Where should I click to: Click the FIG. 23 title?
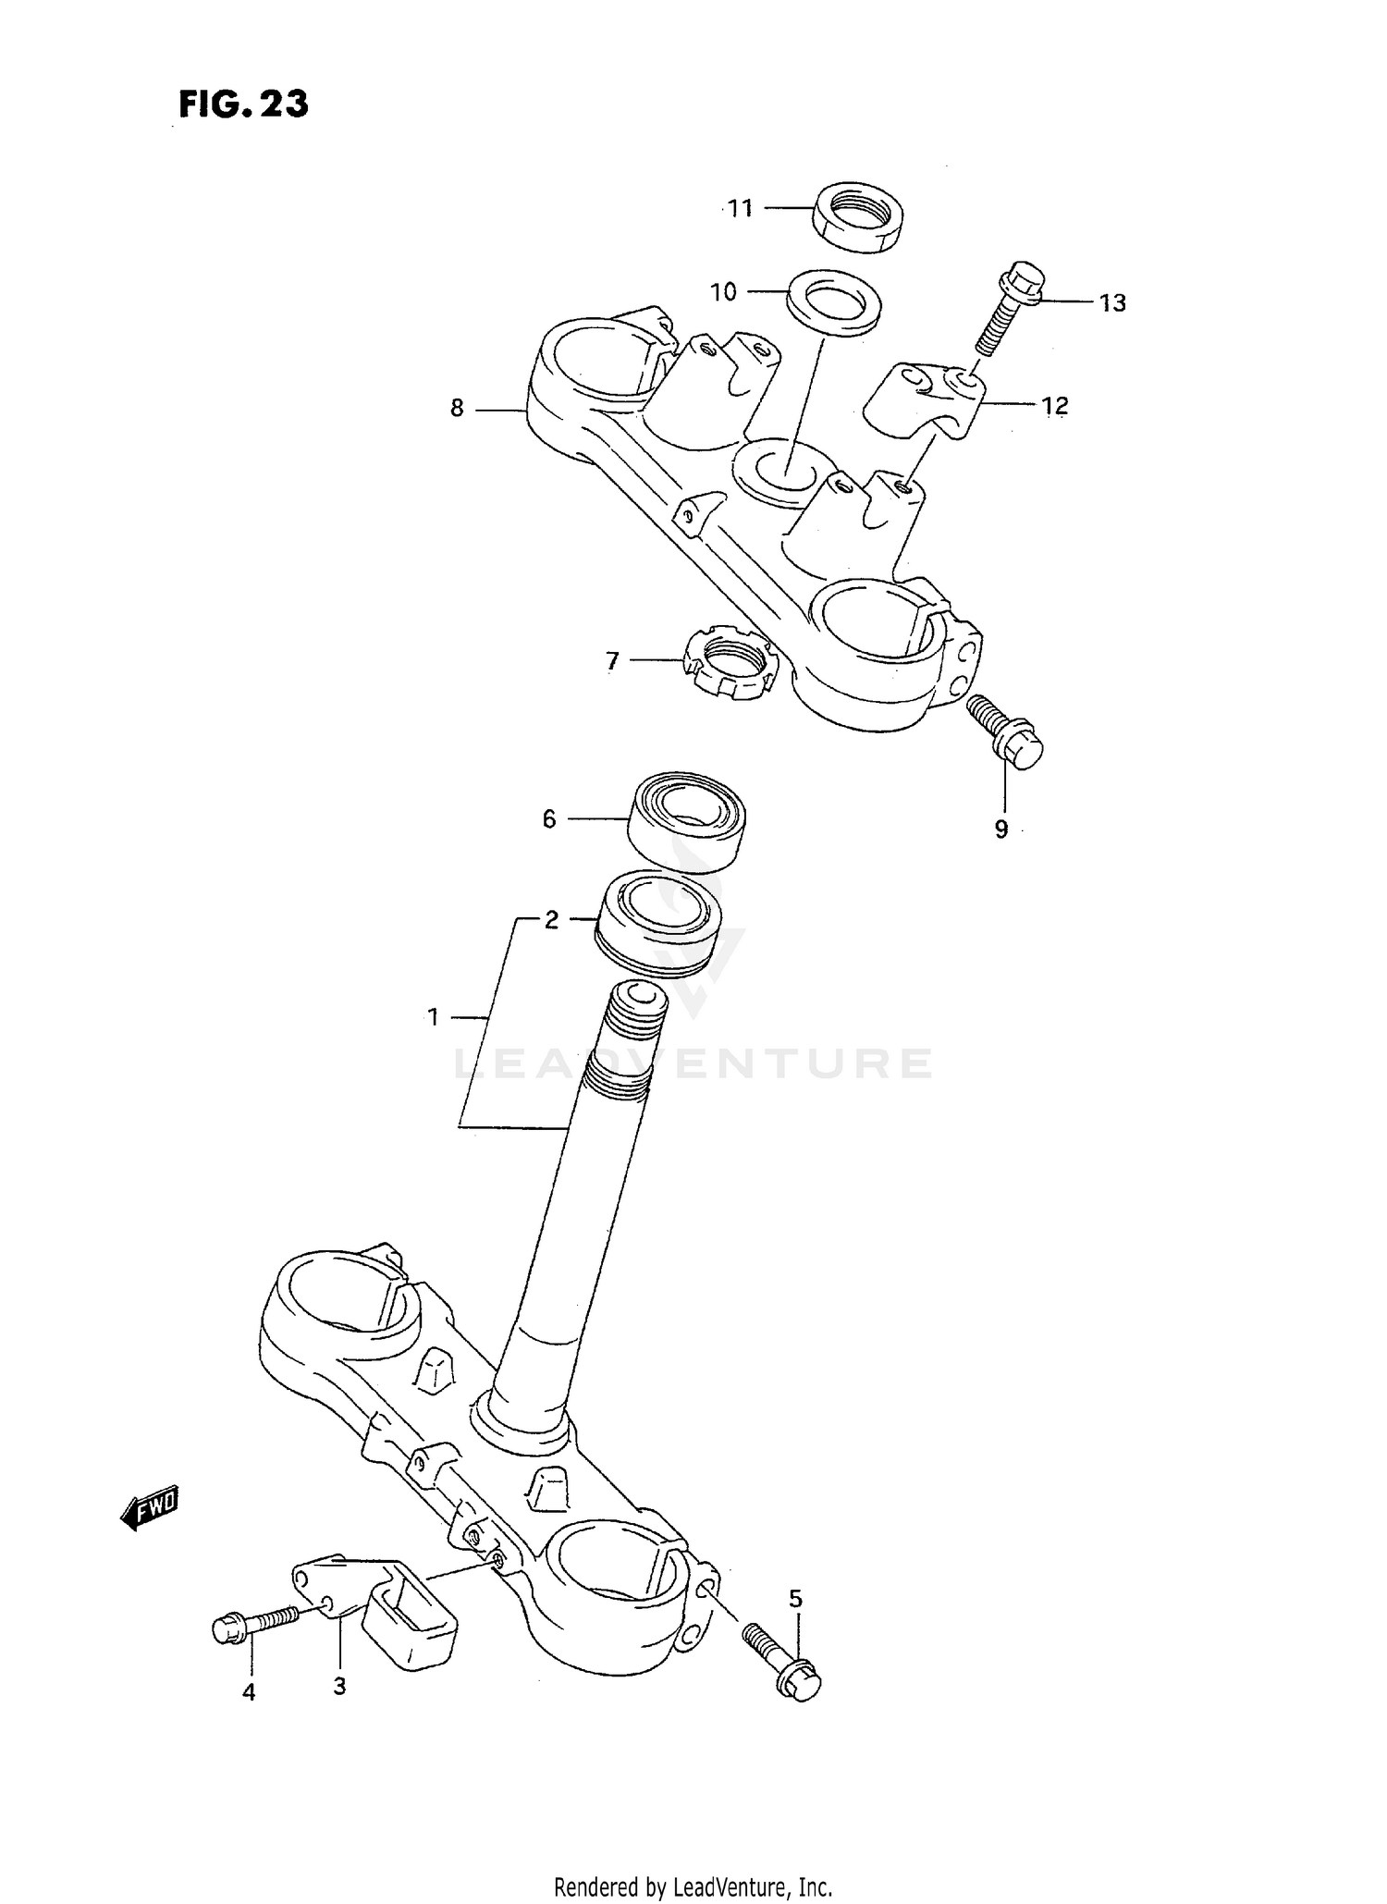tap(243, 104)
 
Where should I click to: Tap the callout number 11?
tap(741, 209)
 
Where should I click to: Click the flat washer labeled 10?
tap(833, 299)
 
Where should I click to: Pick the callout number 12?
tap(1054, 405)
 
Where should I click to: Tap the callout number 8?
tap(457, 408)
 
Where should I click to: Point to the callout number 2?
tap(551, 920)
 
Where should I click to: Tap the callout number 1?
tap(433, 1018)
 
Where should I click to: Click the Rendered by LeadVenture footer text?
tap(693, 1886)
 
